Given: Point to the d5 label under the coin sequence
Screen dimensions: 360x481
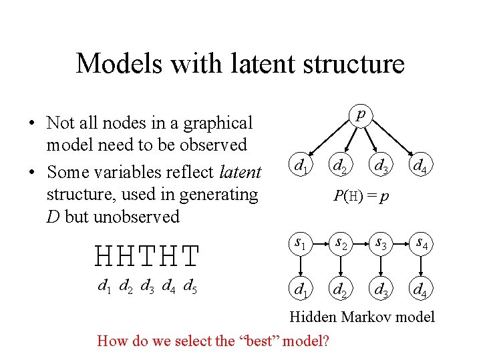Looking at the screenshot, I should click(x=189, y=287).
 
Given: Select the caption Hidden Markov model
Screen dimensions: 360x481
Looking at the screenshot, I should click(x=361, y=317).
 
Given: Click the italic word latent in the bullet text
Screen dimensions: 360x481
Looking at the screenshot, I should click(x=240, y=172).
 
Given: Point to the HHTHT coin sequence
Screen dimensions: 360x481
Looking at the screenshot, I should click(x=148, y=255).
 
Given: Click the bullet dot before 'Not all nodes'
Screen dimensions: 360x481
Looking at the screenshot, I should click(x=31, y=123).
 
